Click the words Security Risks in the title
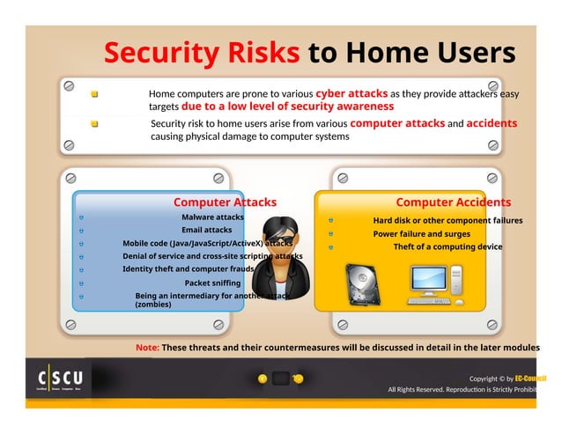click(203, 53)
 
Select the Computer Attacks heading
click(225, 202)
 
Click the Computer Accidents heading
click(453, 202)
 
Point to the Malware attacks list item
click(212, 217)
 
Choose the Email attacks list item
click(207, 230)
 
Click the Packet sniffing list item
click(212, 283)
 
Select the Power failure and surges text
click(421, 234)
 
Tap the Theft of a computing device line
click(447, 247)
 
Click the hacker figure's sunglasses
click(281, 240)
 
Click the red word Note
click(147, 347)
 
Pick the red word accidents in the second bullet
click(492, 123)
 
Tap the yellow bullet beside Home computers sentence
click(94, 92)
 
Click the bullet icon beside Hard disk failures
click(330, 220)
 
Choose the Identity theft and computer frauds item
click(188, 269)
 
